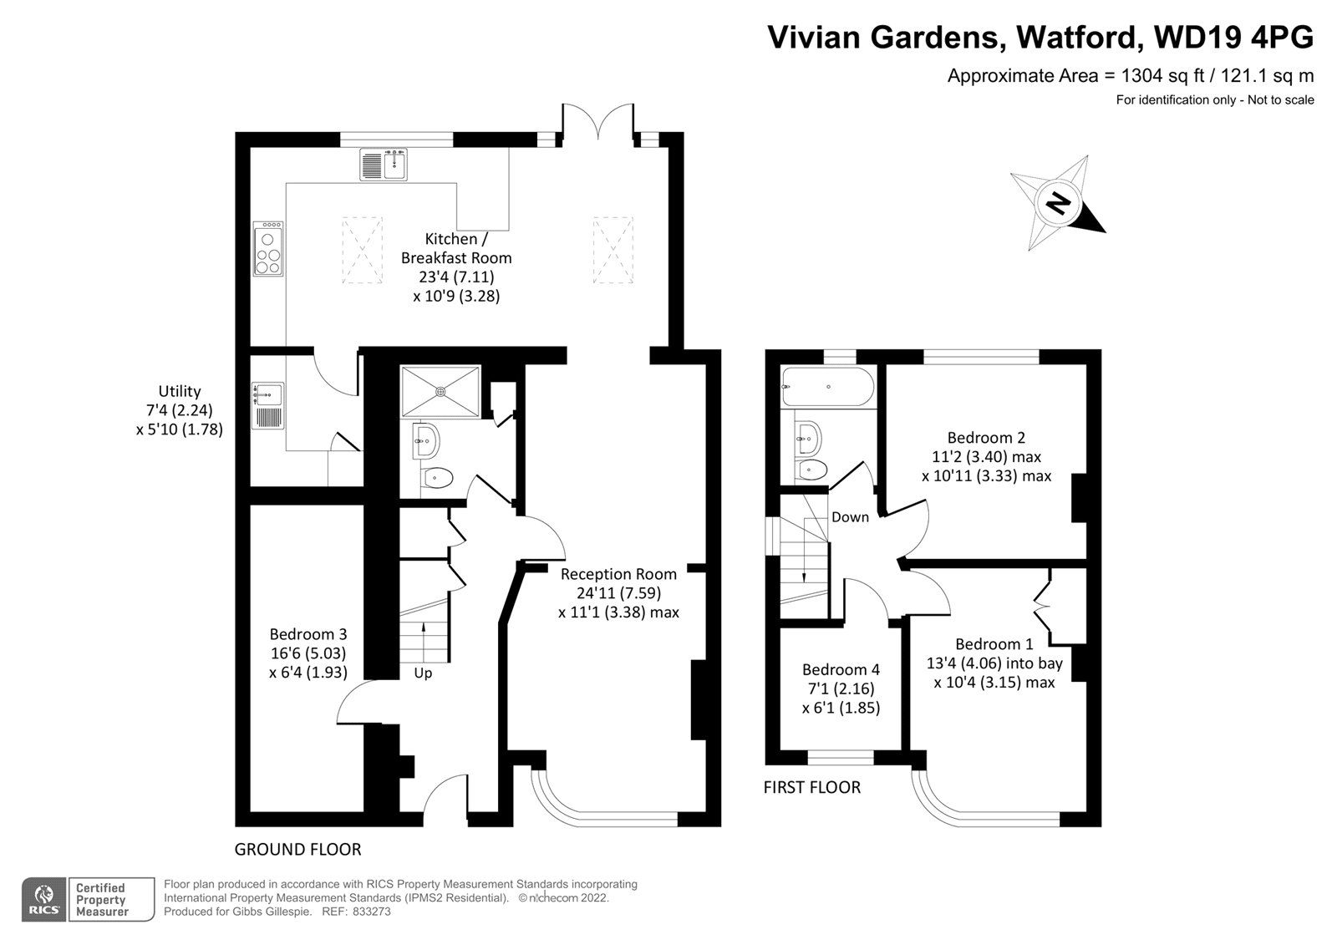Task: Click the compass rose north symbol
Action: tap(1058, 202)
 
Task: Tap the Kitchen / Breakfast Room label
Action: tap(455, 248)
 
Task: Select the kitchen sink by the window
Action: tap(384, 164)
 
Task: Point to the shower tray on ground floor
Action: tap(441, 391)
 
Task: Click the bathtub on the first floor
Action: tap(826, 387)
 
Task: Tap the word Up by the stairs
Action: tap(423, 673)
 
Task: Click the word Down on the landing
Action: tap(850, 517)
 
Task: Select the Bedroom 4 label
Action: tap(841, 669)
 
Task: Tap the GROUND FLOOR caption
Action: tap(297, 850)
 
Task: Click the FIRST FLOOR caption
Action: tap(811, 787)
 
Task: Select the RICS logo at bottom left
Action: tap(42, 899)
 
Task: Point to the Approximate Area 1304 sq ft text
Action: tap(1130, 76)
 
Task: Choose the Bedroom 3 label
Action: tap(308, 634)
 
